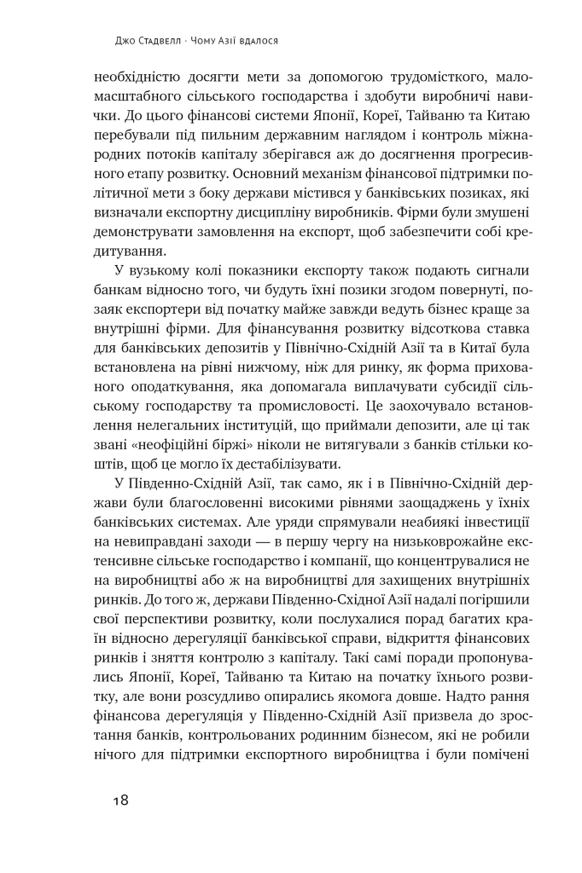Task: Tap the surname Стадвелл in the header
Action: tap(167, 40)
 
